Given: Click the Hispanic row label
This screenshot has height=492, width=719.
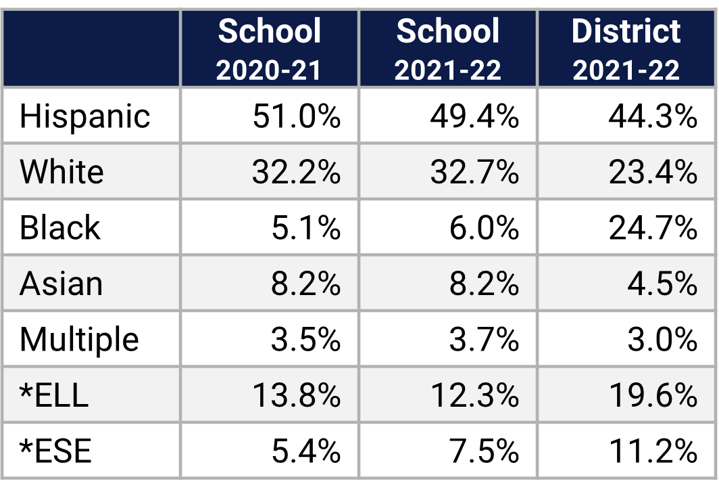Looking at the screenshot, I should click(84, 116).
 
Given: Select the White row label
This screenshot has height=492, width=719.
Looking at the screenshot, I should click(61, 172).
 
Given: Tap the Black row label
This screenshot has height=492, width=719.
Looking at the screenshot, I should click(59, 227).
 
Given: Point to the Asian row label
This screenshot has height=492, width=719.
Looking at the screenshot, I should click(61, 284).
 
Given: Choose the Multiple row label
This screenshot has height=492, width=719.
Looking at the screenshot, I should click(79, 339).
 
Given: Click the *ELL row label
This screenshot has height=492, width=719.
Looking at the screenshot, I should click(54, 395).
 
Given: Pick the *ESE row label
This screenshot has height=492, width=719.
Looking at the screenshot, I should click(55, 451).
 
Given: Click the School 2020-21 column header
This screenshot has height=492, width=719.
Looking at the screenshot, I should click(270, 49).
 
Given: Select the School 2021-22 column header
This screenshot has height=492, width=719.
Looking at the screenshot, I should click(448, 49).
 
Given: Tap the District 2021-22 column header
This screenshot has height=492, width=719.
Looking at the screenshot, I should click(626, 49).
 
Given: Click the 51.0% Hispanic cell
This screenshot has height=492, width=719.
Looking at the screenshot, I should click(296, 116).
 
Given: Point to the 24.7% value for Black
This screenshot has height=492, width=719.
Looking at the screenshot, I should click(652, 227).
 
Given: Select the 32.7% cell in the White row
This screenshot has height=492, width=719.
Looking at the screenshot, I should click(474, 172).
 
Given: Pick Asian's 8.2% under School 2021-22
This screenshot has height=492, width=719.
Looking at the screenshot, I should click(484, 284).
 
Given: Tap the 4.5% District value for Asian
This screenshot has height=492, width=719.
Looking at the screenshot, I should click(662, 284).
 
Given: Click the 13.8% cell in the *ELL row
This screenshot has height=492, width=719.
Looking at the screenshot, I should click(296, 395).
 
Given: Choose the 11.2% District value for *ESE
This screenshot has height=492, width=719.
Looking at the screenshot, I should click(652, 451).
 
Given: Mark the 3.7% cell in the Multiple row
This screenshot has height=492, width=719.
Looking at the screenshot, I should click(484, 339).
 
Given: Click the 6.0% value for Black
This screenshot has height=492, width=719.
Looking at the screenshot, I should click(484, 227).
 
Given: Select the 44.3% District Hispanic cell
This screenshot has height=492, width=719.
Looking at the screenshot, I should click(652, 116).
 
